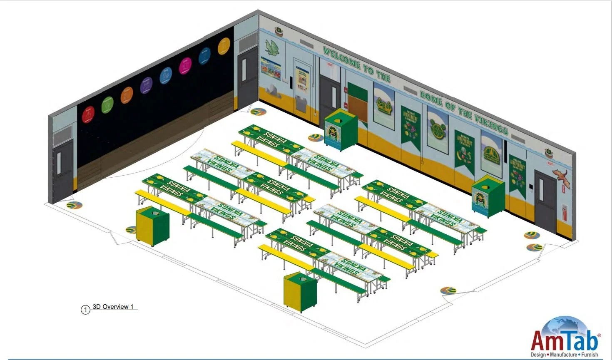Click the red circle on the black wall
88,114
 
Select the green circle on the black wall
107,104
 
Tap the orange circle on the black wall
127,95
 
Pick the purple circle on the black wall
146,85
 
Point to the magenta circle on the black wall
185,66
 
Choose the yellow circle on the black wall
224,46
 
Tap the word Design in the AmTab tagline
538,355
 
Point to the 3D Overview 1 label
113,307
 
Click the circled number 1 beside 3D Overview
85,310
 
